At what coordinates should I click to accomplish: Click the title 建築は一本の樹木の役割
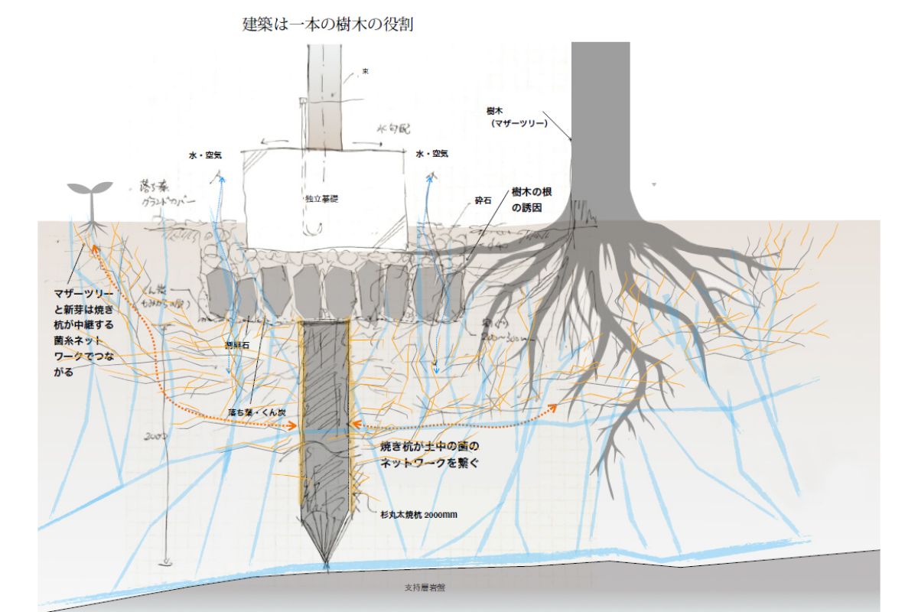pos(327,25)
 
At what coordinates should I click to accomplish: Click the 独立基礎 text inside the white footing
pos(321,198)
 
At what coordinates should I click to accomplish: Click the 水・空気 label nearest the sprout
pos(205,155)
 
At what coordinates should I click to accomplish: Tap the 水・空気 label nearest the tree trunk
pos(432,154)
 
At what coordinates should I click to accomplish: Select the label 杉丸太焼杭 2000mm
pos(418,515)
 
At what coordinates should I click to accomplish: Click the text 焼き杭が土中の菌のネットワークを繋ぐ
pos(430,454)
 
